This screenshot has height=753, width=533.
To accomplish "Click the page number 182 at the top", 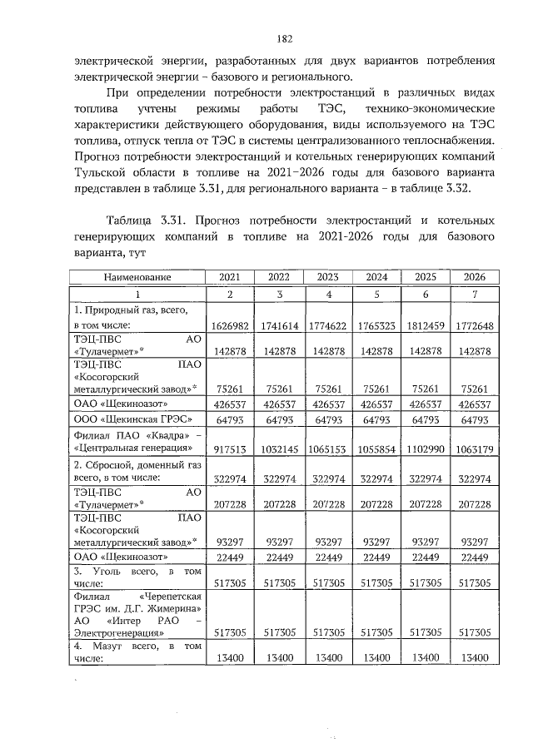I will point(283,38).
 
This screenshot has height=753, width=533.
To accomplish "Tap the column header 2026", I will point(476,276).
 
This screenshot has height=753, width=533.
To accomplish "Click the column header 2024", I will point(377,276).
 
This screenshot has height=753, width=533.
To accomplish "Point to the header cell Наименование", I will point(138,276).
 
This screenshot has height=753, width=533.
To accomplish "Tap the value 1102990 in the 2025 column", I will point(426,448).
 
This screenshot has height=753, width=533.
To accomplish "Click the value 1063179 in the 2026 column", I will point(476,448).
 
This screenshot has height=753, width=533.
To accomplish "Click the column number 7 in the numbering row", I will point(476,294).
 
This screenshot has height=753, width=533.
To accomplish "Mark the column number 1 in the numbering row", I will point(138,294).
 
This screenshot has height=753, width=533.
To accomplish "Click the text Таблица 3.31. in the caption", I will point(147,221).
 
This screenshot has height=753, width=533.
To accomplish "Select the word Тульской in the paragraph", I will point(104,173).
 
